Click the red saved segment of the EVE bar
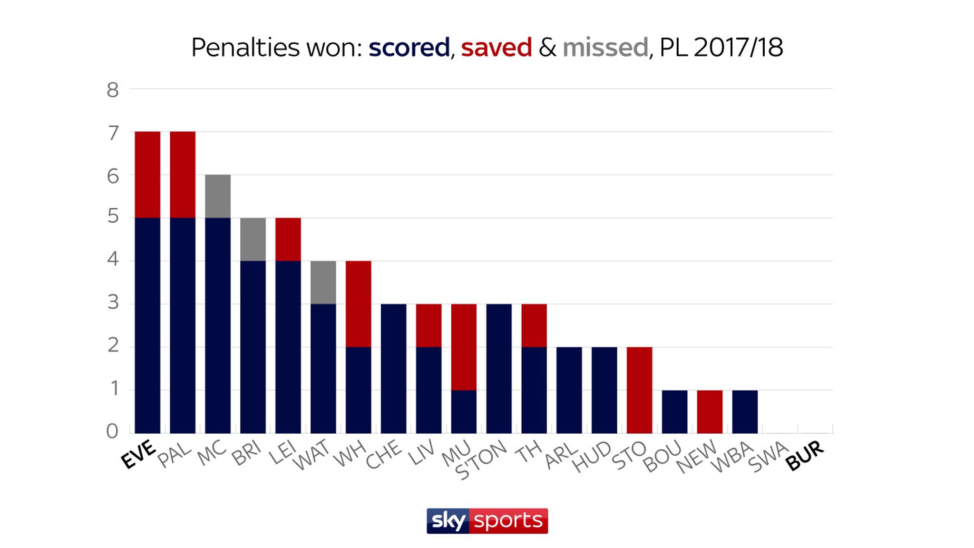tap(147, 175)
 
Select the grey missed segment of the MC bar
tap(218, 196)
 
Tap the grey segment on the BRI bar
tap(253, 239)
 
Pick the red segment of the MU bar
tap(464, 347)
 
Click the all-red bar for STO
tap(639, 390)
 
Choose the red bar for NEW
tap(710, 411)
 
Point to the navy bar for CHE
tap(394, 369)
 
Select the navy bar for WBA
tap(745, 411)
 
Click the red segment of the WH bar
tap(359, 304)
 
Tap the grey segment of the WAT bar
tap(323, 282)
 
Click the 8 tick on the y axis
tap(113, 90)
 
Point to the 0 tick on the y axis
tap(112, 431)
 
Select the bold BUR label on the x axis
tap(805, 455)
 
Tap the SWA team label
tap(768, 456)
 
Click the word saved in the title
tap(496, 48)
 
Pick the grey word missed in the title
tap(605, 48)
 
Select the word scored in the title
tap(409, 48)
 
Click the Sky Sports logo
tap(487, 521)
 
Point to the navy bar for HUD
tap(604, 390)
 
